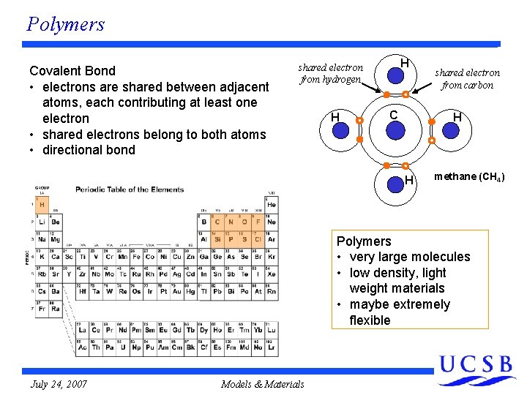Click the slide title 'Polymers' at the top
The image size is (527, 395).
tap(65, 24)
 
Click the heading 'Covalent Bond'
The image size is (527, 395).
tap(72, 71)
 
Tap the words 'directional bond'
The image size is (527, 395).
tap(89, 150)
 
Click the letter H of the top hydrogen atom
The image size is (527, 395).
tap(404, 64)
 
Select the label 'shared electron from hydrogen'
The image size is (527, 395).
tap(330, 73)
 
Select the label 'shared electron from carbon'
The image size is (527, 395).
tap(467, 78)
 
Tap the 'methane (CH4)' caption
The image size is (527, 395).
tap(468, 177)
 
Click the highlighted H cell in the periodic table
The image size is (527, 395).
tap(42, 204)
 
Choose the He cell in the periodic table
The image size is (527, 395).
tap(272, 204)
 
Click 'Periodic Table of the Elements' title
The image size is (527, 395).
tap(130, 189)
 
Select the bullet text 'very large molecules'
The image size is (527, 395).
tap(410, 257)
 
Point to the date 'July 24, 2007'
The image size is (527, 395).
tap(59, 383)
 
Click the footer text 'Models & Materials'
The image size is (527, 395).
tap(262, 383)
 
